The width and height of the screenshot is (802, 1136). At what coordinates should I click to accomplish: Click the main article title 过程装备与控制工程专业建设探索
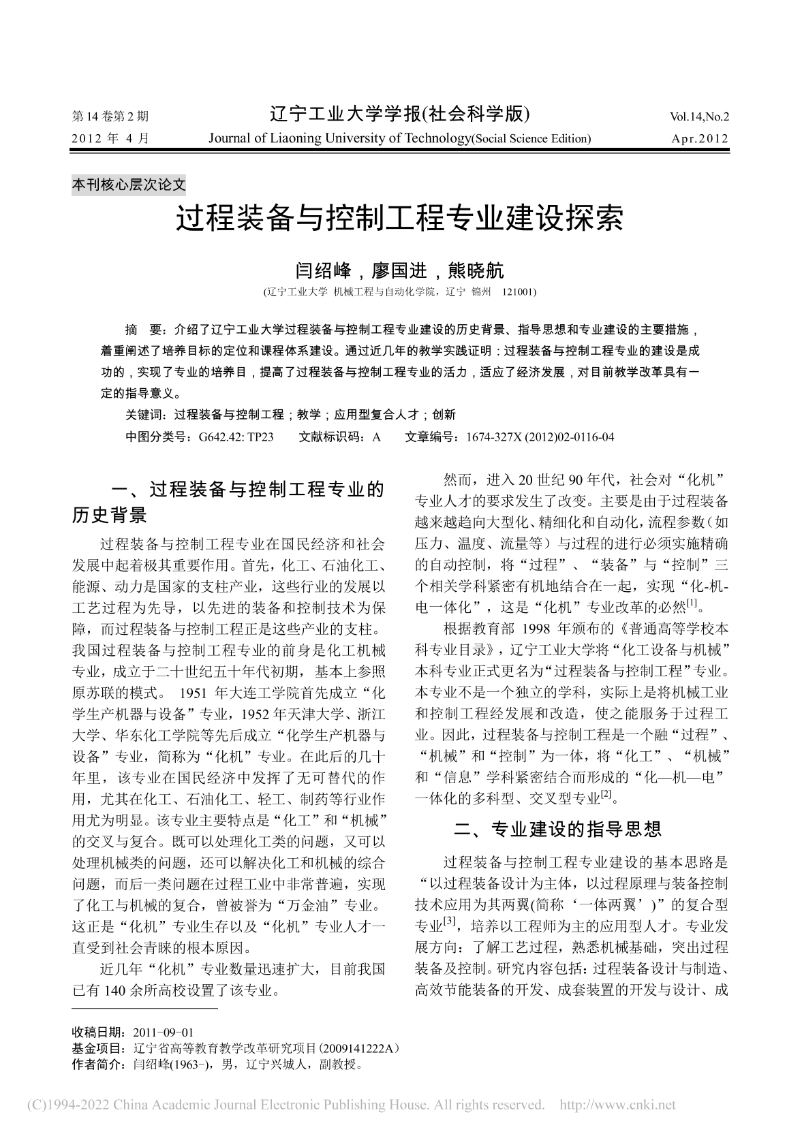click(x=400, y=219)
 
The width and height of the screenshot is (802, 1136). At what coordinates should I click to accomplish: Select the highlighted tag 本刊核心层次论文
click(x=129, y=184)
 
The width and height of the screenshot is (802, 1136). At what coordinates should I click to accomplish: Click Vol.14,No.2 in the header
click(x=699, y=116)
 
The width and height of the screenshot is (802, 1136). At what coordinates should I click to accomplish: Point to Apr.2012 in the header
click(x=700, y=139)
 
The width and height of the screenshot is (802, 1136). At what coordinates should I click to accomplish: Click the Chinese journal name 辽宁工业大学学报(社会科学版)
click(x=400, y=114)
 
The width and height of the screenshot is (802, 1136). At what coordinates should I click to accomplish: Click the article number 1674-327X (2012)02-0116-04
click(x=540, y=437)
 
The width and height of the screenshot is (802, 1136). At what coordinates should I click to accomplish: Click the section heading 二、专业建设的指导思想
click(x=557, y=829)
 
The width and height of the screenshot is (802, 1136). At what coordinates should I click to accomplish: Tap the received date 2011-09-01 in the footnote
click(x=164, y=1032)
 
